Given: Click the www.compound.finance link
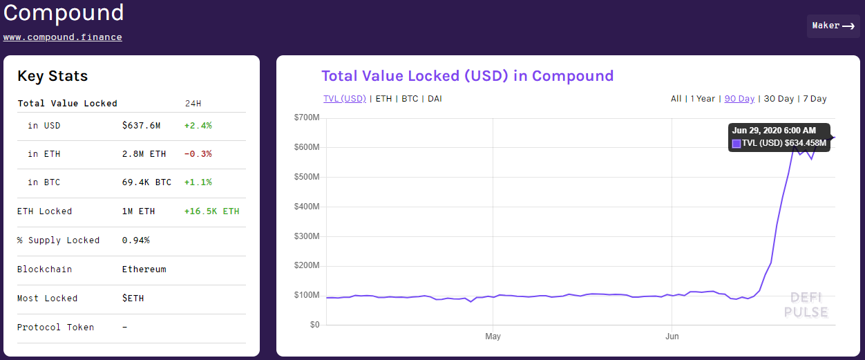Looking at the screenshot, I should [63, 37].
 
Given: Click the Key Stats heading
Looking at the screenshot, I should [53, 76].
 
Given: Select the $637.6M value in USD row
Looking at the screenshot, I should [141, 126].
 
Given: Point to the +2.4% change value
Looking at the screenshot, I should [198, 126].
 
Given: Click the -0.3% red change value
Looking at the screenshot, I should [198, 154].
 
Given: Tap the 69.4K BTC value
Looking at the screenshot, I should [146, 182].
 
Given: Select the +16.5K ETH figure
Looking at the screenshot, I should [212, 211].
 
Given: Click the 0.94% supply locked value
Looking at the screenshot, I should [135, 240].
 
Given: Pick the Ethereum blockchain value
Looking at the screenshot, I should [144, 269].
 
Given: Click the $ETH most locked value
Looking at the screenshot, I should [133, 299].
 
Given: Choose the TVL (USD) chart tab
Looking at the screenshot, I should [345, 99].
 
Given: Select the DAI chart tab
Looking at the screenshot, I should [435, 99].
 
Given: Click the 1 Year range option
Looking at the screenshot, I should [703, 99].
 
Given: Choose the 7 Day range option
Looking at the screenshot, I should [815, 99].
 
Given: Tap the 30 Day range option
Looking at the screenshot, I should [779, 99].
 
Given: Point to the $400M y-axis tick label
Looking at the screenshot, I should [306, 207].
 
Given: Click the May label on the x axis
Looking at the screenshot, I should [493, 337].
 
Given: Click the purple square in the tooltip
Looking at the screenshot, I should [736, 144].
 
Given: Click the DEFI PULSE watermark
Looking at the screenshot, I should [806, 305].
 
